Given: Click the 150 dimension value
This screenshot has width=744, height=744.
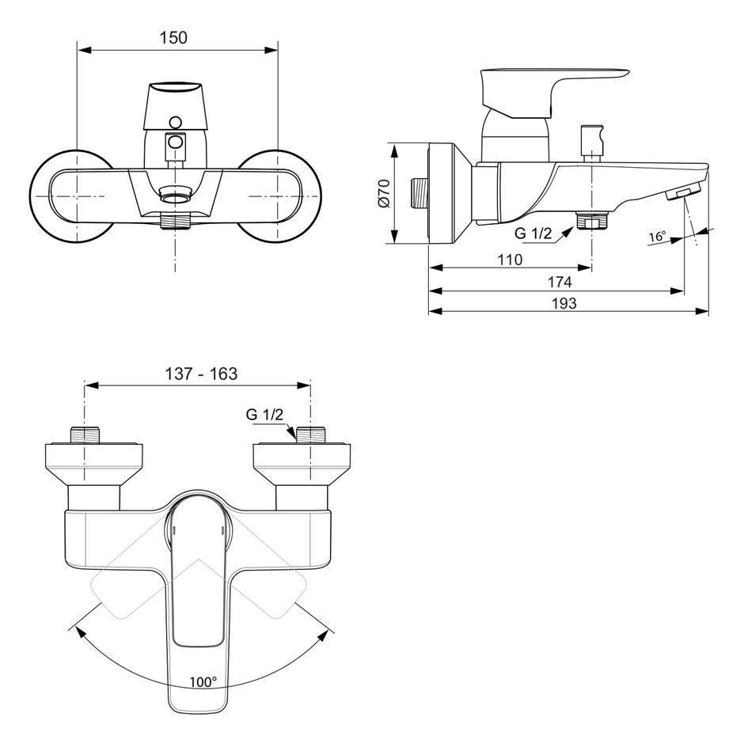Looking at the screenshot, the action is click(173, 37).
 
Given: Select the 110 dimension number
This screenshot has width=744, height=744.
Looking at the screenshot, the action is click(510, 260).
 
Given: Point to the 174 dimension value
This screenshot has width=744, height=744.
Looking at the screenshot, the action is click(560, 282).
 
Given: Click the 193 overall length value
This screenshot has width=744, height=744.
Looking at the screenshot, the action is click(564, 303).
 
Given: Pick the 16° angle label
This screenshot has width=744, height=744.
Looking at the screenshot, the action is click(657, 236).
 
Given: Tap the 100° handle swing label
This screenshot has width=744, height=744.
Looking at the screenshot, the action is click(203, 681).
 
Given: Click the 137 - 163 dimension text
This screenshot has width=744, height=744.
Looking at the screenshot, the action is click(201, 374).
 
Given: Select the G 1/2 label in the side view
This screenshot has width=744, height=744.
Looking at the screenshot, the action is click(533, 233).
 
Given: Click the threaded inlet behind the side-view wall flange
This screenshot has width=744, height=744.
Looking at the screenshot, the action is click(419, 192).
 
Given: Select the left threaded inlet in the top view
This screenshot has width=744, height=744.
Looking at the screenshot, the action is click(85, 435).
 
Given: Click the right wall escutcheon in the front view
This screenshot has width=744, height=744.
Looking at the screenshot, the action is click(279, 196).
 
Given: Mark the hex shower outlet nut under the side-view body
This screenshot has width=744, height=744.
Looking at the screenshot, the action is click(592, 221).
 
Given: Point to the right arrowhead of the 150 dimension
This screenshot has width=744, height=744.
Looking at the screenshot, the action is click(271, 50).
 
